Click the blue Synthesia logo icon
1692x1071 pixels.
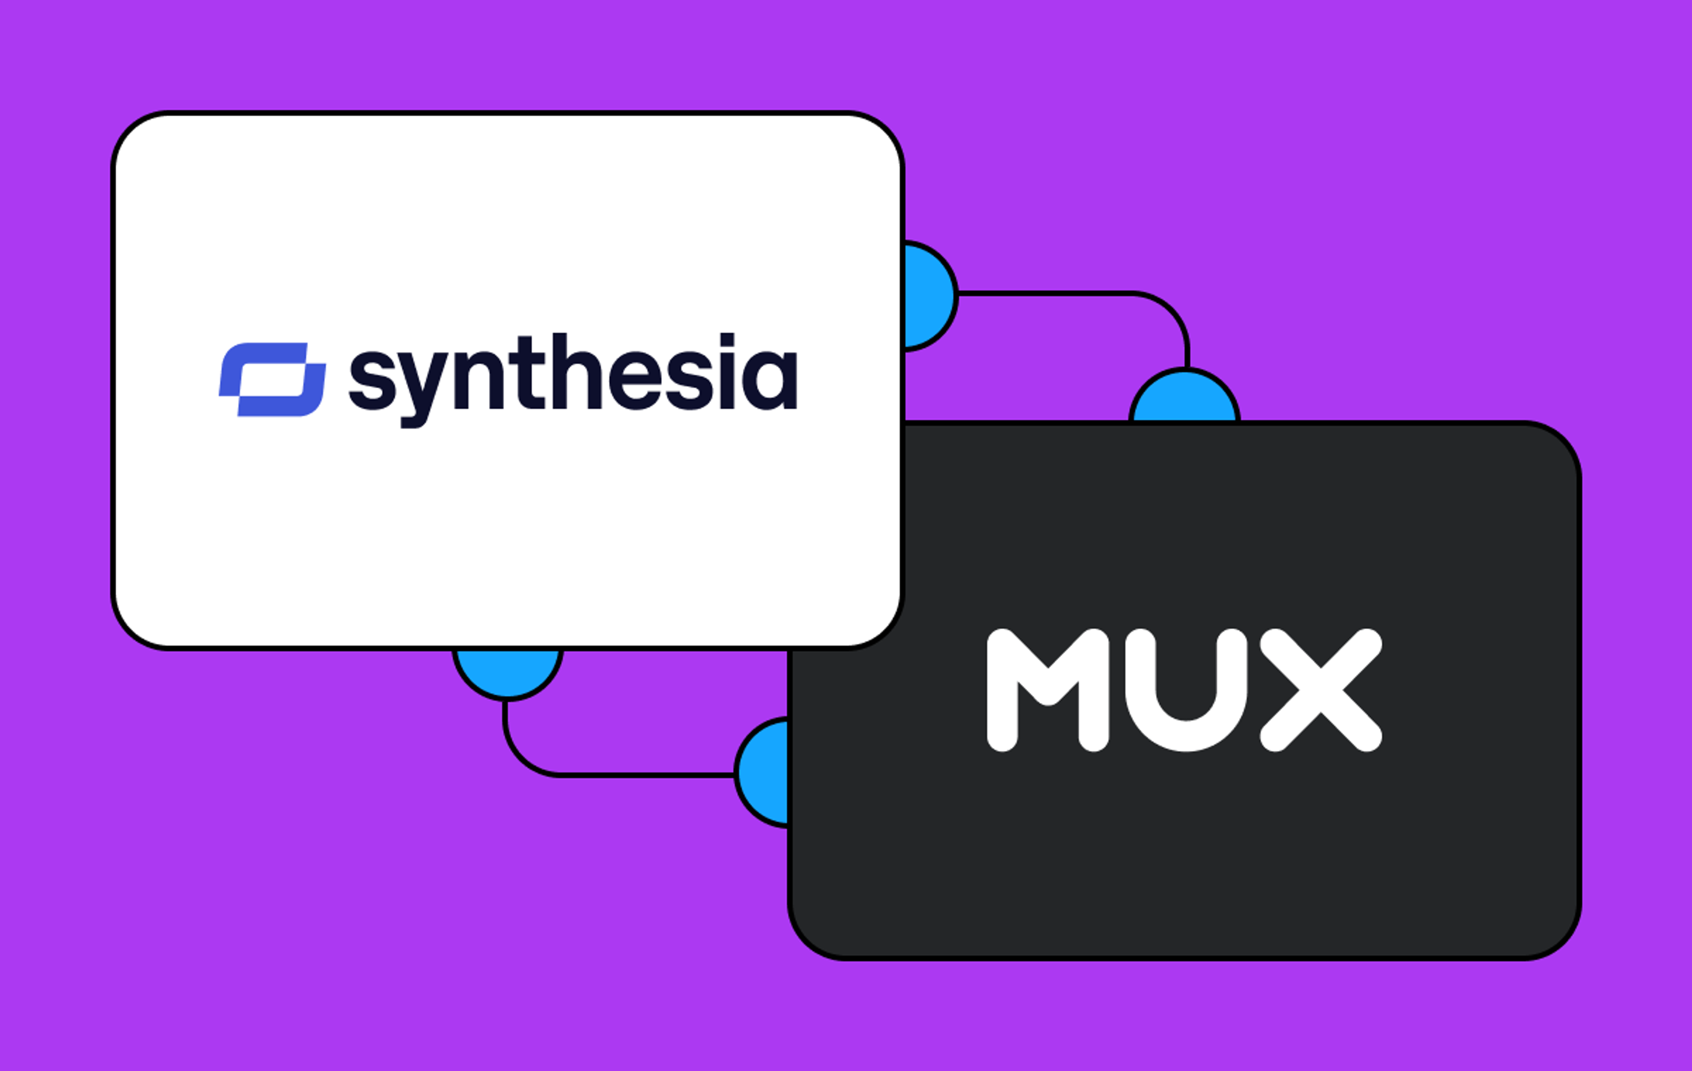pos(273,379)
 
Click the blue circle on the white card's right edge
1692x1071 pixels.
pos(929,295)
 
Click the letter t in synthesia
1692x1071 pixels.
pos(532,372)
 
